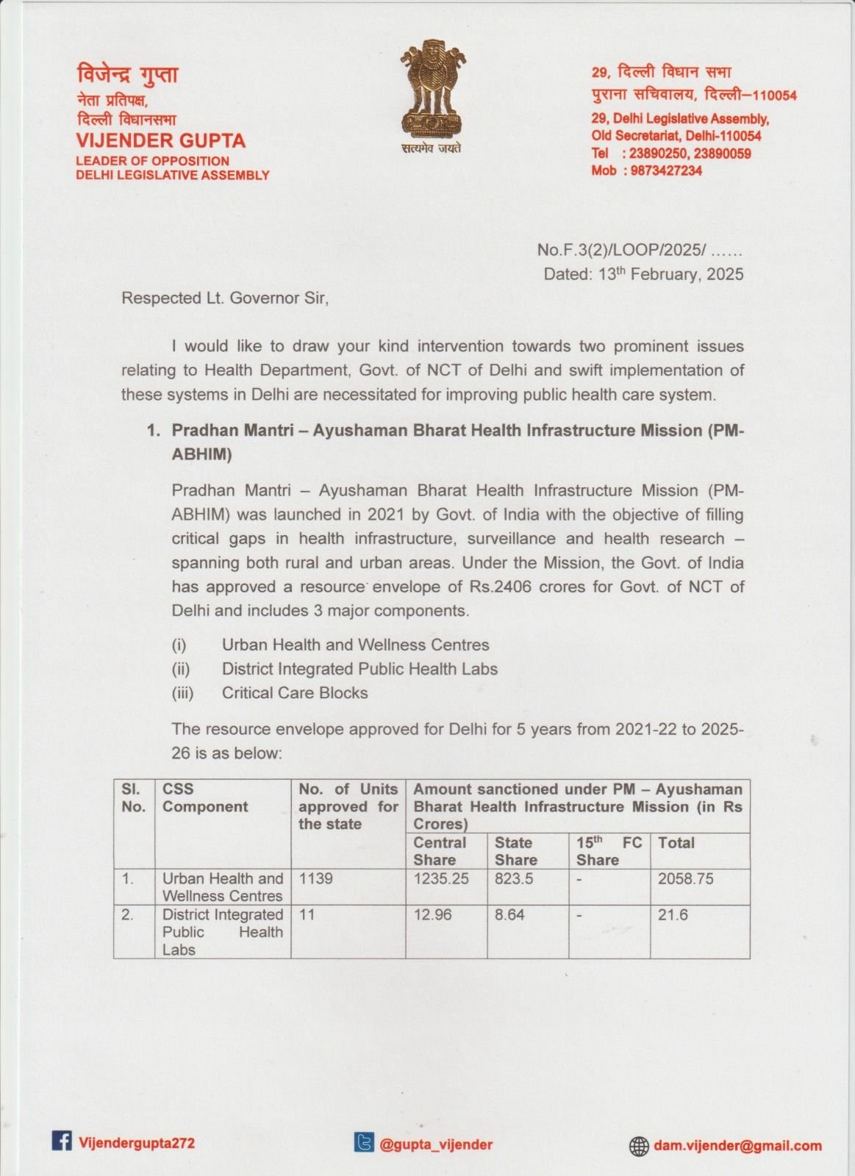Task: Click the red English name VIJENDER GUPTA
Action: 161,141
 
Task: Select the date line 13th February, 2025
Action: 643,274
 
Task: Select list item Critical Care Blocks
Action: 295,693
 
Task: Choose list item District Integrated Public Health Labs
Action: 359,669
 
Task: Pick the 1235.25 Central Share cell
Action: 441,878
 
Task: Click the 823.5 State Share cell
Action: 514,878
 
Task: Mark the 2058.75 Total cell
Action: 686,878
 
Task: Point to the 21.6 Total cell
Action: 670,915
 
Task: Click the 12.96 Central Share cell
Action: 433,915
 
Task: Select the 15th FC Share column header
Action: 609,851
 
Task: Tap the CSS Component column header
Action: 205,798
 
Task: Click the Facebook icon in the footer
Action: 62,1141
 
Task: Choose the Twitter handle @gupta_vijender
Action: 436,1144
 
